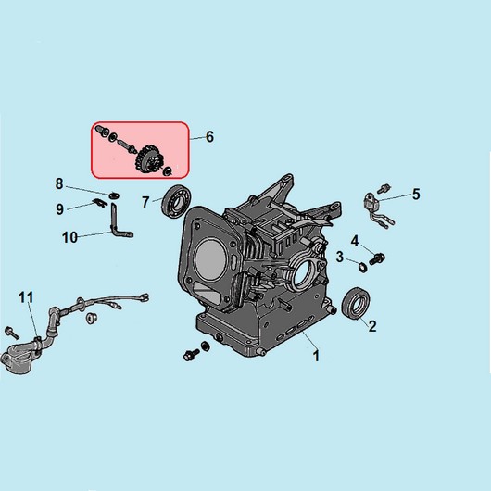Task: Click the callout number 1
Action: [316, 356]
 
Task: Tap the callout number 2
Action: [372, 326]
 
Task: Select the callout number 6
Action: [209, 137]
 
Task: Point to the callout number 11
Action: [26, 297]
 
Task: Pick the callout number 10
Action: [69, 237]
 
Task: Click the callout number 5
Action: [416, 195]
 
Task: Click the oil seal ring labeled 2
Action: [356, 304]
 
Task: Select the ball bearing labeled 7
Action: [176, 202]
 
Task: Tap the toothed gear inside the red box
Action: [146, 159]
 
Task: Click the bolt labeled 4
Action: [377, 258]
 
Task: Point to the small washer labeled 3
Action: [362, 268]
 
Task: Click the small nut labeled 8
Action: [114, 195]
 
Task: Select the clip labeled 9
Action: [100, 203]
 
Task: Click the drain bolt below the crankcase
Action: [192, 355]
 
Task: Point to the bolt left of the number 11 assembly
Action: [12, 333]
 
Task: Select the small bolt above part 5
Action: [384, 188]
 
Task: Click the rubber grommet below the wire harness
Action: [91, 318]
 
